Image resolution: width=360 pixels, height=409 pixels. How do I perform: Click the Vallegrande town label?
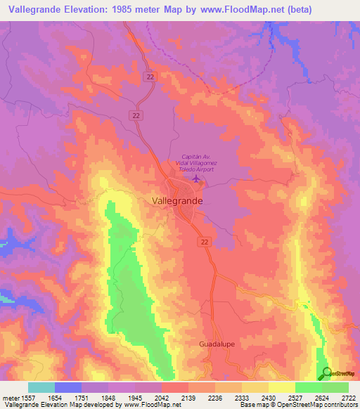(177, 200)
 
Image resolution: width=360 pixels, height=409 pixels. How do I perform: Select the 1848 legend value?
(108, 398)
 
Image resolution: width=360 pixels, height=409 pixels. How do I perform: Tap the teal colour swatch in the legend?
(41, 387)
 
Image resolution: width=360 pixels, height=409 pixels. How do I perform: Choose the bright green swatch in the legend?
(308, 387)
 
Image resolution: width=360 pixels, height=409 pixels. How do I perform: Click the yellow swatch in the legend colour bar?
(281, 387)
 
